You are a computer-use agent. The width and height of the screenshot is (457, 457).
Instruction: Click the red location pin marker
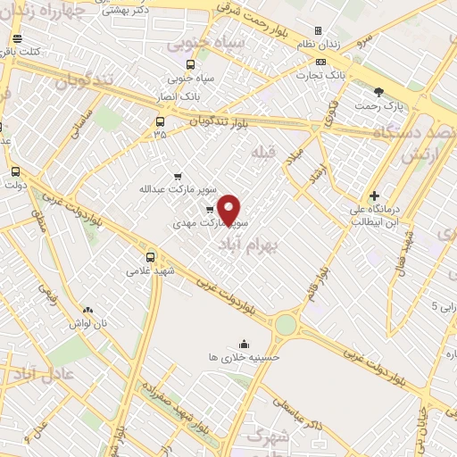click(229, 209)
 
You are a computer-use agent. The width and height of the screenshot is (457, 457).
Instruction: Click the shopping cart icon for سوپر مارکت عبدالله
click(178, 176)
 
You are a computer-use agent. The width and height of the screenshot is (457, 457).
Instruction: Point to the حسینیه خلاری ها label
click(245, 356)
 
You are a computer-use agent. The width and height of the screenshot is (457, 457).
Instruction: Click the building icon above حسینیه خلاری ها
click(245, 344)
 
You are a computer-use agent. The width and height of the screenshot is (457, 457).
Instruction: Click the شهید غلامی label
click(150, 270)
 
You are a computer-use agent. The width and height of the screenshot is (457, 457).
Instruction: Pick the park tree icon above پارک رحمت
click(379, 92)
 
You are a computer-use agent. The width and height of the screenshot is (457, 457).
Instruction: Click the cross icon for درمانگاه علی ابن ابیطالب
click(374, 195)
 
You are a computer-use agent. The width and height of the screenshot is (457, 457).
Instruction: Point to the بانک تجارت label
click(322, 75)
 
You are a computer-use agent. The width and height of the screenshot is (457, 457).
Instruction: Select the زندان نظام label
click(319, 44)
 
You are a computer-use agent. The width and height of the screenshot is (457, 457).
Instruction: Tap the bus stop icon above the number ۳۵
click(160, 121)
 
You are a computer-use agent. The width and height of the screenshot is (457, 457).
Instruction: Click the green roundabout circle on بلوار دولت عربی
click(285, 324)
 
